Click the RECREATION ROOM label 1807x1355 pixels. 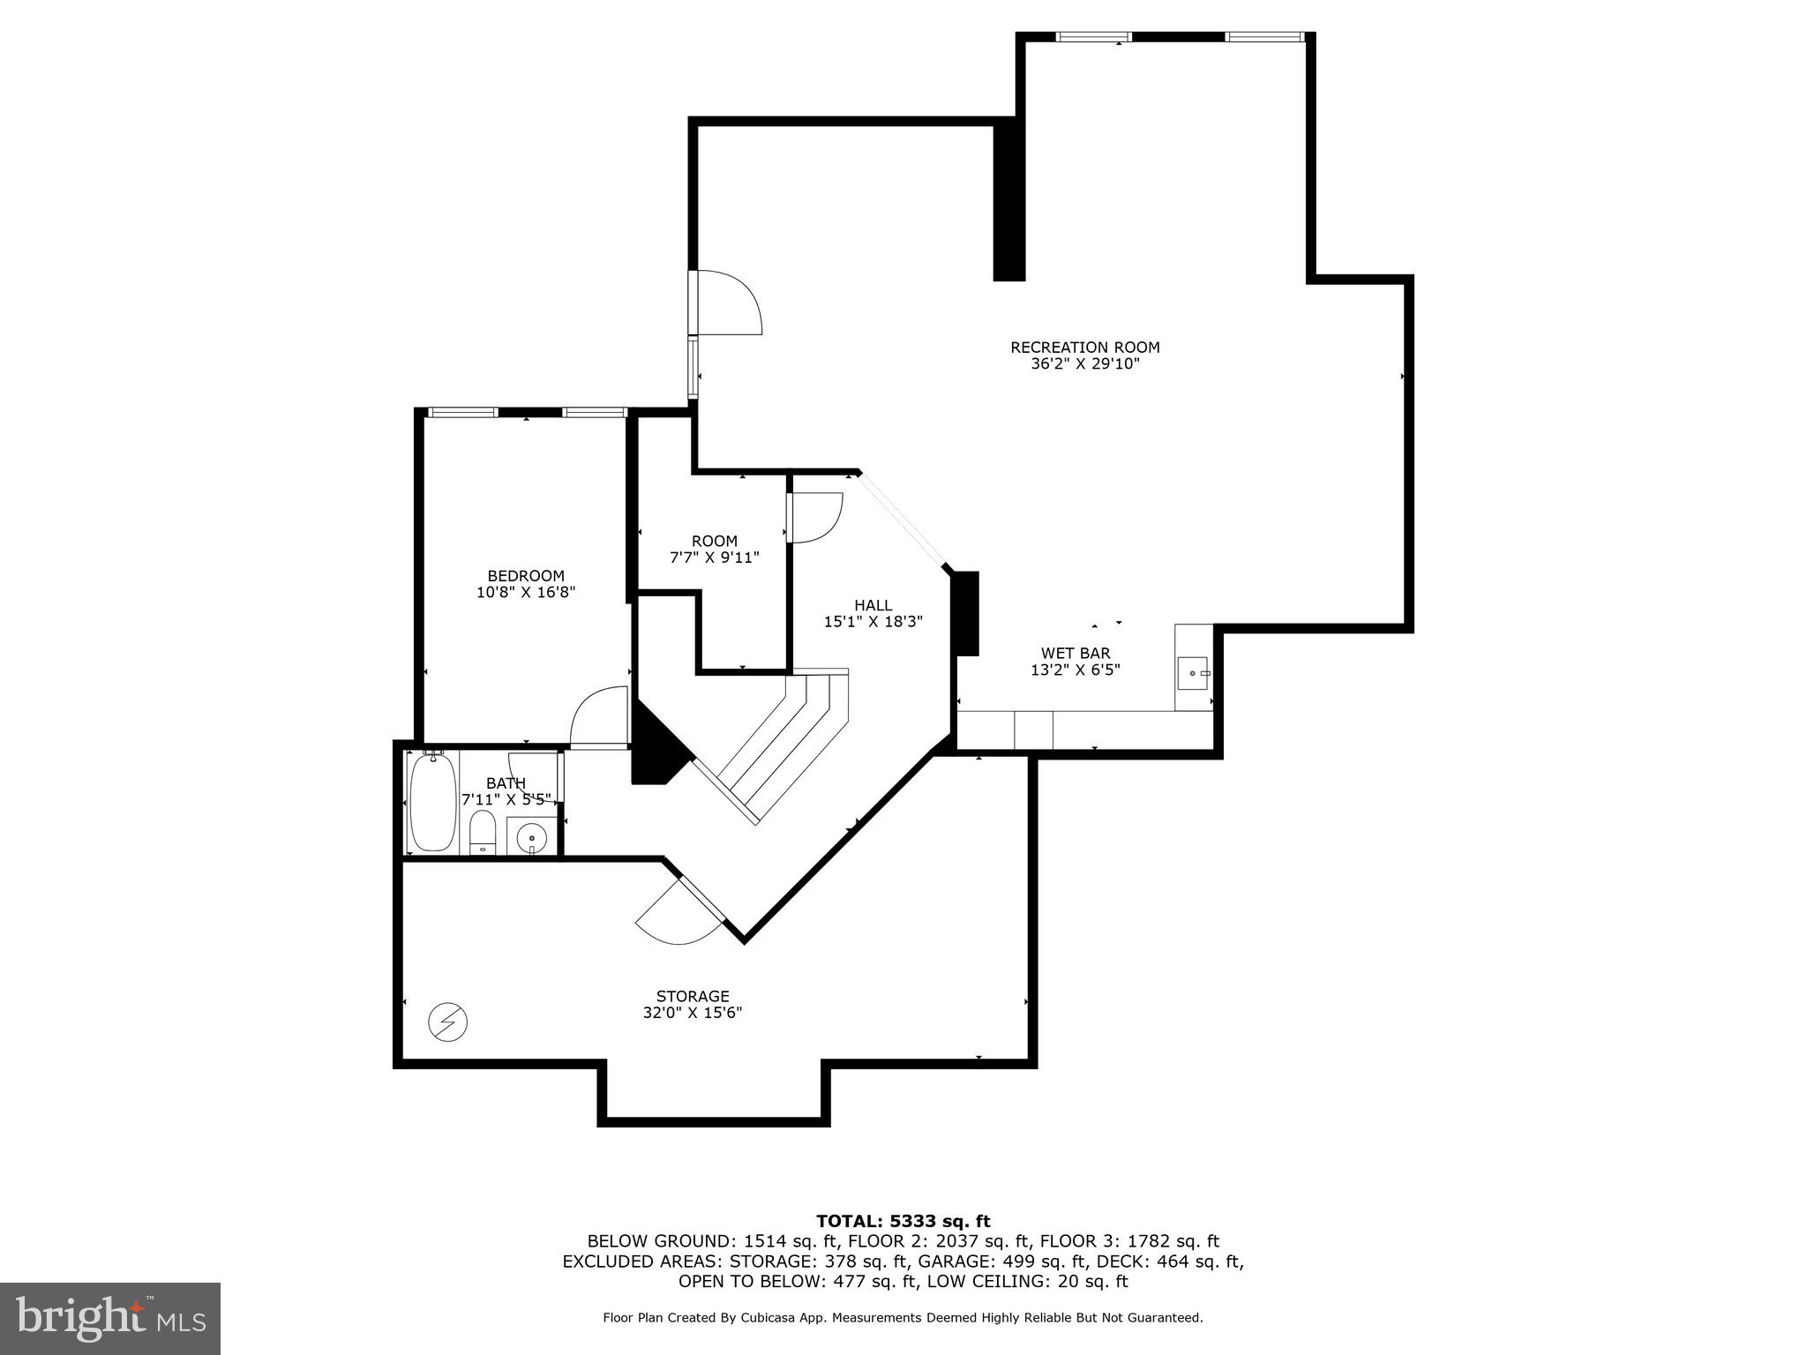1084,348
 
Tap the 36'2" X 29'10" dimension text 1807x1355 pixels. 1084,364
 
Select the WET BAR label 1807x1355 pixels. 1075,654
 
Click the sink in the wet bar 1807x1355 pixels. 1193,673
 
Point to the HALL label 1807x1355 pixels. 873,605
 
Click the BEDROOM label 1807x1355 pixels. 526,576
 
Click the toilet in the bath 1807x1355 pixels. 482,833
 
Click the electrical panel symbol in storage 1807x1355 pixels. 447,1022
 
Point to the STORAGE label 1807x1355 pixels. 693,997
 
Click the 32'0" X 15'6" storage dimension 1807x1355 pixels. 693,1014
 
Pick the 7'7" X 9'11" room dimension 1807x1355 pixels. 714,558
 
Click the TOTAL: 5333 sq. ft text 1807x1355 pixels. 903,1222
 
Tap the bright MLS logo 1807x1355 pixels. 109,1318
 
